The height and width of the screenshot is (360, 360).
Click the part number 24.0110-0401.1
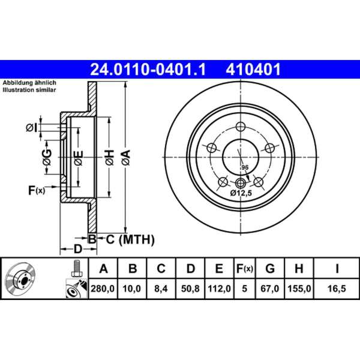coord(148,70)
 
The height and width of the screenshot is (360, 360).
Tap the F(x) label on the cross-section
coord(36,191)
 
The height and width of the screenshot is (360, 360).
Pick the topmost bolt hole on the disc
coord(241,127)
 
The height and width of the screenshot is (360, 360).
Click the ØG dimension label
coord(46,158)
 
